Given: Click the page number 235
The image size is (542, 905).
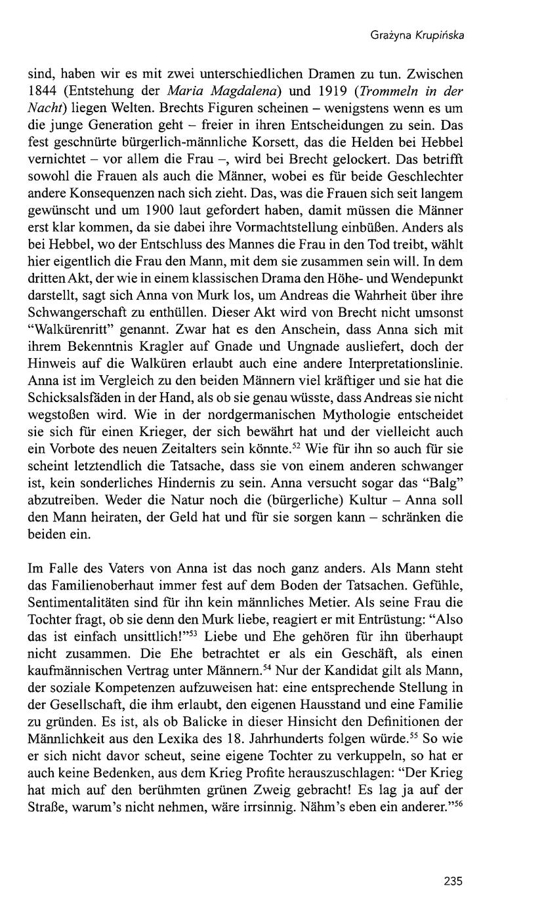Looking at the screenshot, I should [453, 881].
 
